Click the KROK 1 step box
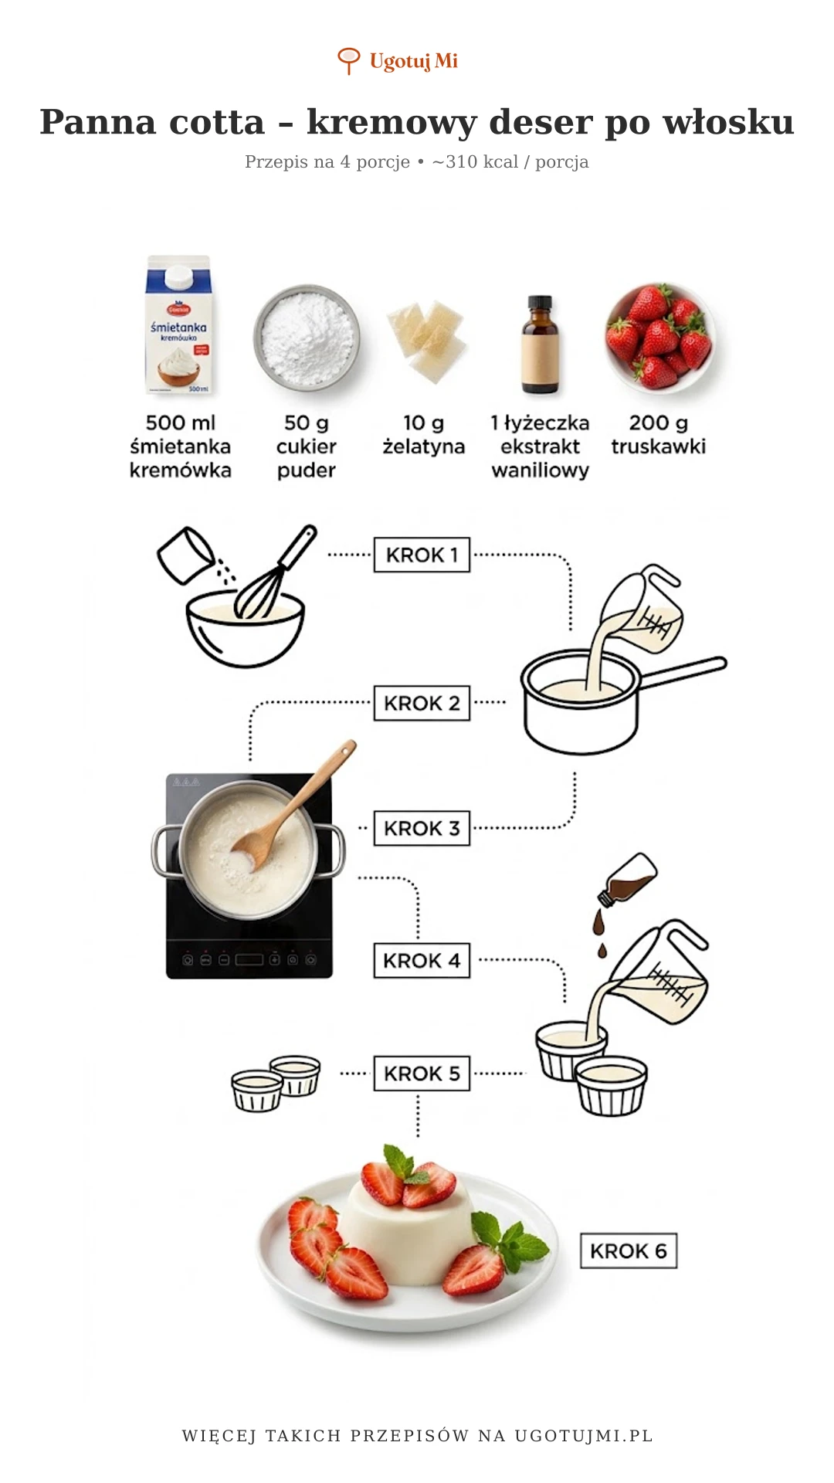tap(422, 555)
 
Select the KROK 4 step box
tap(422, 960)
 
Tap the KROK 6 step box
tap(628, 1251)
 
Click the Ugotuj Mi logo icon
tap(349, 60)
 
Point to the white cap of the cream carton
tap(178, 276)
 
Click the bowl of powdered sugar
tap(307, 338)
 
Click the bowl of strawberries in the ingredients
tap(659, 336)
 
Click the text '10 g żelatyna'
tap(423, 434)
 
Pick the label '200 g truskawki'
tap(658, 434)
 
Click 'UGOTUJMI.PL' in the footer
tap(584, 1436)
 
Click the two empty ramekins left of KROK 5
tap(276, 1083)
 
